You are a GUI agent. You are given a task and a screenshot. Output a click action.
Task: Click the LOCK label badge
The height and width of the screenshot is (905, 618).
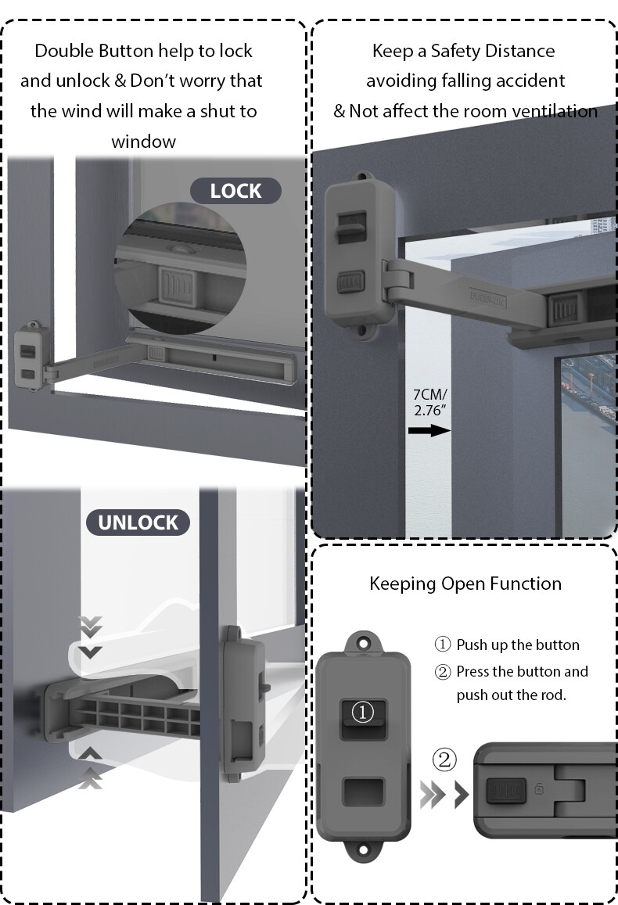[x=235, y=191]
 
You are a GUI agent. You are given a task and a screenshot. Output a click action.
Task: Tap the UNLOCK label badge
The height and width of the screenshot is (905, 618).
[x=138, y=523]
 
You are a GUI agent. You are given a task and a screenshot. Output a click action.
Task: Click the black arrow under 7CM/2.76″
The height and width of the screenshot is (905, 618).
[x=429, y=430]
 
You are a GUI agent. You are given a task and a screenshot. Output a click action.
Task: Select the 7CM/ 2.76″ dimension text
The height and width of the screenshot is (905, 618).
[x=429, y=400]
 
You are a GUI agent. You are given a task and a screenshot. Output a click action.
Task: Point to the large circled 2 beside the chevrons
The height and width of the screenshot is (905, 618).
[x=444, y=760]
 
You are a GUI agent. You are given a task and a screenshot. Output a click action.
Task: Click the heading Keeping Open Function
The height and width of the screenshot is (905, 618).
[x=465, y=584]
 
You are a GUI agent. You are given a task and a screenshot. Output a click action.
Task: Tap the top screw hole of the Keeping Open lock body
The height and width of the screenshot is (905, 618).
[x=363, y=644]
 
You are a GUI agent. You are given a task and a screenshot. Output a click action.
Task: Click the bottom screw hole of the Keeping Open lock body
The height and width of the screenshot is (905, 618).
[x=363, y=849]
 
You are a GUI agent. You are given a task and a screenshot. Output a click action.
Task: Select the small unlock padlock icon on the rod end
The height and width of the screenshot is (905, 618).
[x=538, y=789]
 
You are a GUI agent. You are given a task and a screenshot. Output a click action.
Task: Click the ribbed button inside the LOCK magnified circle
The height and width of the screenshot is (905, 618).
[x=180, y=286]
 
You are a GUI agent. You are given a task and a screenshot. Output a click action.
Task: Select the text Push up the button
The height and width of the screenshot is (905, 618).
[x=517, y=645]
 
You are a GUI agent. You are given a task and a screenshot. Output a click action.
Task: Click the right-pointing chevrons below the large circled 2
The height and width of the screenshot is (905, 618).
[x=444, y=795]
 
